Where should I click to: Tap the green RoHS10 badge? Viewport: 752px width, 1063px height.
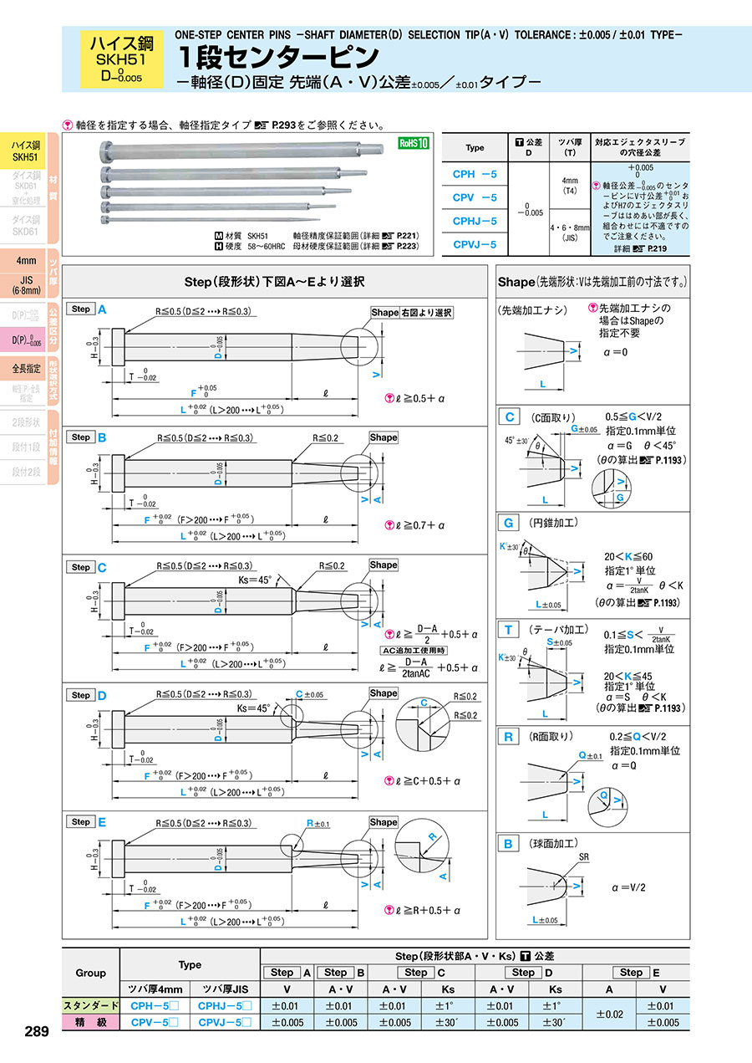pyautogui.click(x=413, y=143)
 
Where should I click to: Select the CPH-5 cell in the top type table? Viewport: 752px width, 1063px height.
pyautogui.click(x=475, y=174)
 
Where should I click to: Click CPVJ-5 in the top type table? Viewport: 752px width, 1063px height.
pyautogui.click(x=475, y=244)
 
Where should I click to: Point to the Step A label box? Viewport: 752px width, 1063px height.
pyautogui.click(x=81, y=309)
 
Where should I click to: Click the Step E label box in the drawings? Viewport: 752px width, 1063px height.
pyautogui.click(x=81, y=822)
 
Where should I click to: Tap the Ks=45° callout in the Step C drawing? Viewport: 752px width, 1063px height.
pyautogui.click(x=255, y=579)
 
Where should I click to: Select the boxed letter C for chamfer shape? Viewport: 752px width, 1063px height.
pyautogui.click(x=508, y=417)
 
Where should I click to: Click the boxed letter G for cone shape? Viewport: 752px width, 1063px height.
pyautogui.click(x=508, y=523)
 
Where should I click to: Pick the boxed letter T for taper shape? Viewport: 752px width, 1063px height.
pyautogui.click(x=508, y=630)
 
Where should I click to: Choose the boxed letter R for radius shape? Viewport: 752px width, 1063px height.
pyautogui.click(x=508, y=737)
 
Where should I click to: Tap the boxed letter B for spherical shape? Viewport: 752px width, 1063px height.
pyautogui.click(x=508, y=844)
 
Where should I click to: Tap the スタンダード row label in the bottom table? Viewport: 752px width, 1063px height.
pyautogui.click(x=92, y=1005)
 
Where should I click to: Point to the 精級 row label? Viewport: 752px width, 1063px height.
pyautogui.click(x=92, y=1022)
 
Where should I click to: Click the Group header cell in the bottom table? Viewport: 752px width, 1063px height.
pyautogui.click(x=91, y=973)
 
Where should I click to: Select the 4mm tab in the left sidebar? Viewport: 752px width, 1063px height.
pyautogui.click(x=25, y=260)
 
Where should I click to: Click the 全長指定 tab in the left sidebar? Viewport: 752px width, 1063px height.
pyautogui.click(x=25, y=368)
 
